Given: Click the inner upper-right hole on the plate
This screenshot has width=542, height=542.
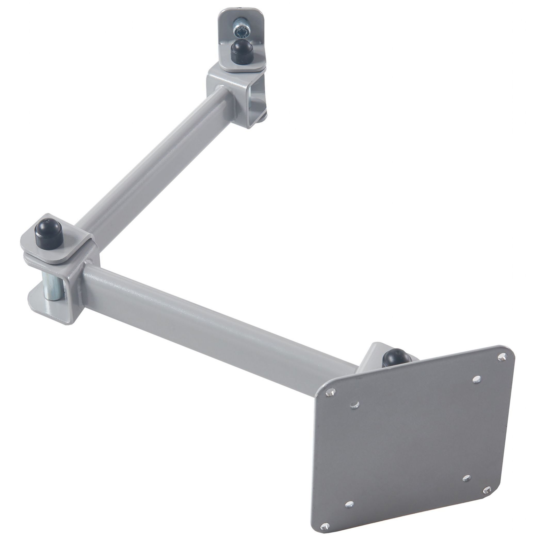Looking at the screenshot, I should coord(475,379).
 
